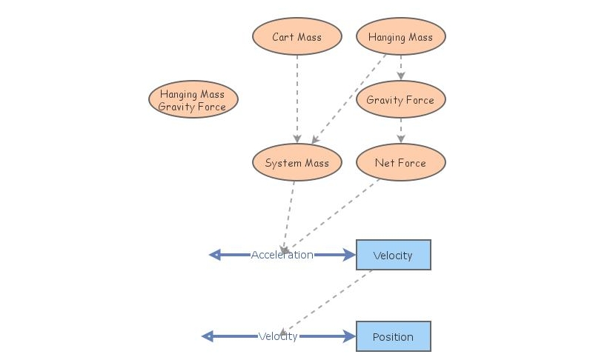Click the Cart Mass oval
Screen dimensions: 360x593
pos(296,37)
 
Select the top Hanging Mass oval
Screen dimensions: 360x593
pos(400,37)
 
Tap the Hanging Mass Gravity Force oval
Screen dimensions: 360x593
pos(193,100)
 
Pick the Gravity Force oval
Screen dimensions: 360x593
pos(400,99)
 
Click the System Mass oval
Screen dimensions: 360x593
pos(296,162)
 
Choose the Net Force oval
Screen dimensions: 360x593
pos(400,162)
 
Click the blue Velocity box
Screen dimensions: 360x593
pos(393,255)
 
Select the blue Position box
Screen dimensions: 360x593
pos(393,336)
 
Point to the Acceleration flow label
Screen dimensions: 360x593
pos(282,255)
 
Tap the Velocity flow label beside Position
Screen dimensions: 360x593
pos(278,336)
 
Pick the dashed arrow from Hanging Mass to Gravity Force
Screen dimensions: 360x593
pos(400,67)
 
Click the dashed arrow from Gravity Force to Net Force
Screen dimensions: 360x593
pos(400,130)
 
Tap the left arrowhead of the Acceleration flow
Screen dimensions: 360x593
pos(215,255)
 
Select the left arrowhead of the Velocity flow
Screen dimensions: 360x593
pos(208,336)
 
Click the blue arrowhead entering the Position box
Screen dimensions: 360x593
pos(350,336)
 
